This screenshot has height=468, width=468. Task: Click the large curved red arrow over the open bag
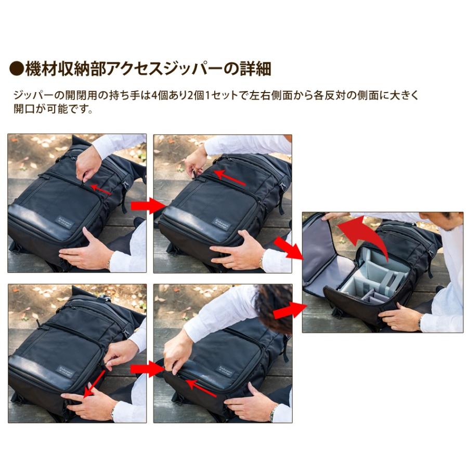367,234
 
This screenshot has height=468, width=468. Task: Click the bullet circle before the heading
17,68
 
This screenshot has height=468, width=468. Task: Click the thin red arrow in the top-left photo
101,189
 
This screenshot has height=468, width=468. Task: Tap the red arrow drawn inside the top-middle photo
230,177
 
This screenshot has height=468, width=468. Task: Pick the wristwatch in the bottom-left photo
112,412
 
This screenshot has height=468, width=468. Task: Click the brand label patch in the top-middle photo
222,223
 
